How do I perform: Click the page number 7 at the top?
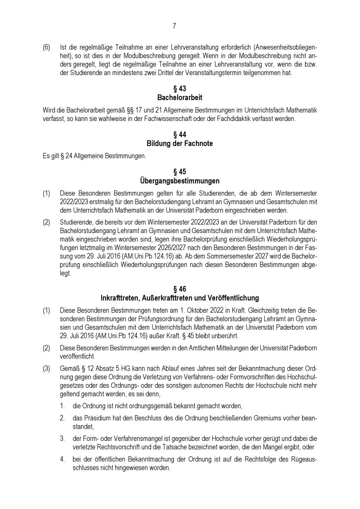click(x=174, y=26)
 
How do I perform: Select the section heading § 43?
click(x=180, y=89)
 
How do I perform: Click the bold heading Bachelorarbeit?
click(x=180, y=98)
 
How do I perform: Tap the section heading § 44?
click(x=180, y=135)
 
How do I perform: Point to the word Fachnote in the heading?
click(x=198, y=144)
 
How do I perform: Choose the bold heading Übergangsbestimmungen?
click(x=180, y=181)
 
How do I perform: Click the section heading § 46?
click(x=180, y=289)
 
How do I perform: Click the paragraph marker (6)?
click(x=46, y=48)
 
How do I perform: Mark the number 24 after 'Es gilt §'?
click(x=69, y=156)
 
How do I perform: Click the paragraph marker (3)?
click(x=46, y=369)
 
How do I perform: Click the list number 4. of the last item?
click(x=62, y=459)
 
